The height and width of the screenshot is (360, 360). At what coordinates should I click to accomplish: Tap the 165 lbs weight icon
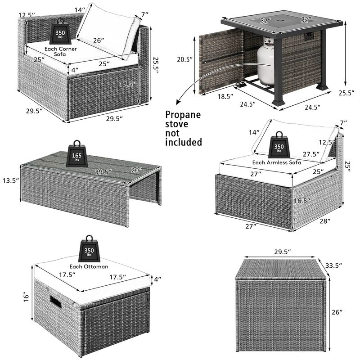(76, 156)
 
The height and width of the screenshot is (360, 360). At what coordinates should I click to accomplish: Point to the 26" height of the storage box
(342, 312)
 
